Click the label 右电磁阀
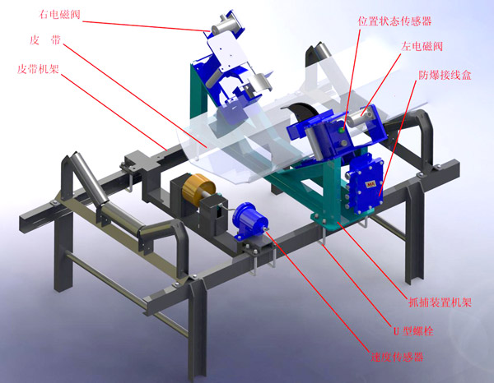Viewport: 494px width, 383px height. pos(59,15)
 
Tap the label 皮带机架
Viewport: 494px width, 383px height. pos(38,69)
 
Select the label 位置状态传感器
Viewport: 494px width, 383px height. pos(394,21)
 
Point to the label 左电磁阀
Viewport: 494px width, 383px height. pos(422,47)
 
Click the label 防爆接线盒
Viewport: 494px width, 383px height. pos(445,75)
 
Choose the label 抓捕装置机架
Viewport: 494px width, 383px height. pos(440,302)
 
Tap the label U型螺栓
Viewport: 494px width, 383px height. pos(413,330)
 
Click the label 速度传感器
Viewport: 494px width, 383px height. pos(397,358)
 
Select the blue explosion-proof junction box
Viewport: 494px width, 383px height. pos(366,184)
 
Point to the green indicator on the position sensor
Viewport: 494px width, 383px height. pos(341,129)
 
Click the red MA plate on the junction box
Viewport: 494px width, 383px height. pos(370,184)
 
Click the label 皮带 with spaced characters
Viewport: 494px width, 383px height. pos(45,40)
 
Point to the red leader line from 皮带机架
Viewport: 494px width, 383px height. pos(114,112)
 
